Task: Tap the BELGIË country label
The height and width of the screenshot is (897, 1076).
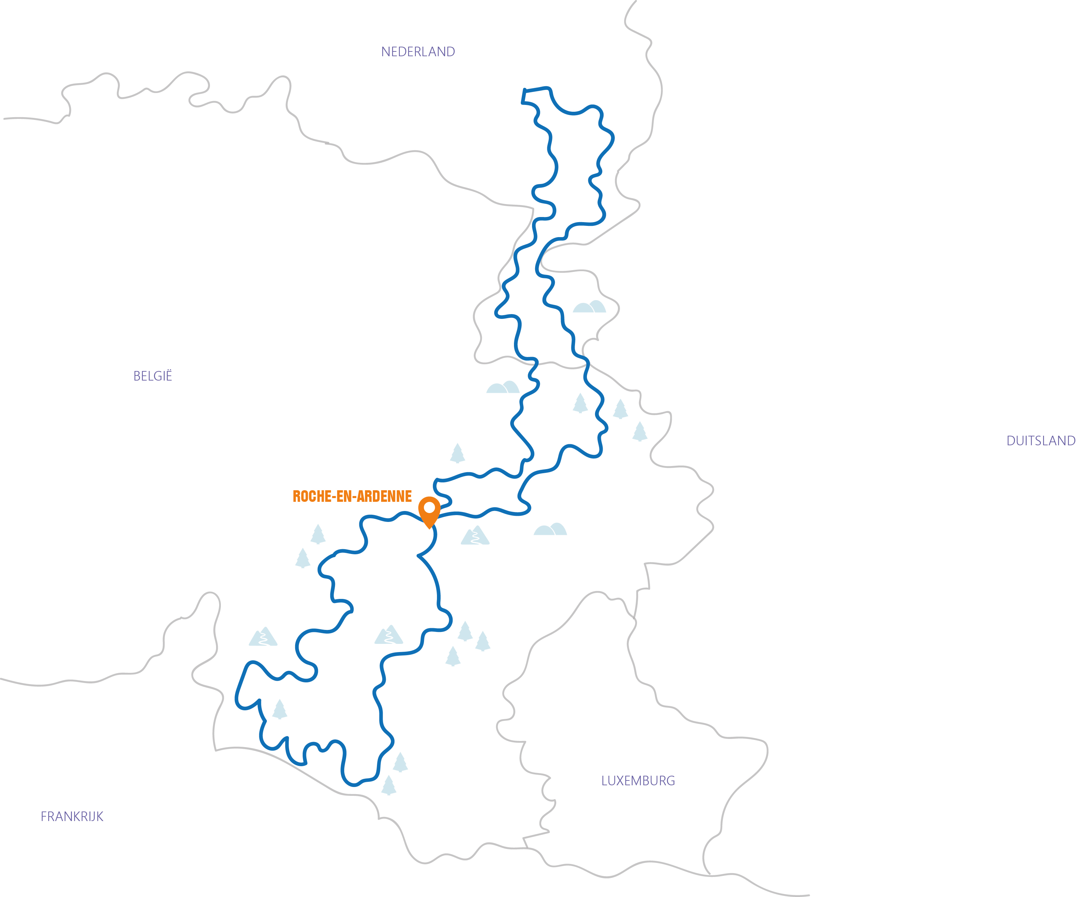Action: (153, 376)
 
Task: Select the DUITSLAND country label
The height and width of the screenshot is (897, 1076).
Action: (1041, 440)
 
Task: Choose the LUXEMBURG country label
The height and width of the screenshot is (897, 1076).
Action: (638, 781)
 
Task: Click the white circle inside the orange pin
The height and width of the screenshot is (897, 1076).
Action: (429, 508)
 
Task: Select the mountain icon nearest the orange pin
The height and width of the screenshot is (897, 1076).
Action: (475, 536)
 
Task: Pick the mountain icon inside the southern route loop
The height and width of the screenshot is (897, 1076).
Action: (389, 635)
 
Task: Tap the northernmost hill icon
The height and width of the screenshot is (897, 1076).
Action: (589, 307)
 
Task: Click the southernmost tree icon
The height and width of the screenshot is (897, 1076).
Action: (389, 785)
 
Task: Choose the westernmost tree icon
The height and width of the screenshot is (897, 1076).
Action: (279, 710)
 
